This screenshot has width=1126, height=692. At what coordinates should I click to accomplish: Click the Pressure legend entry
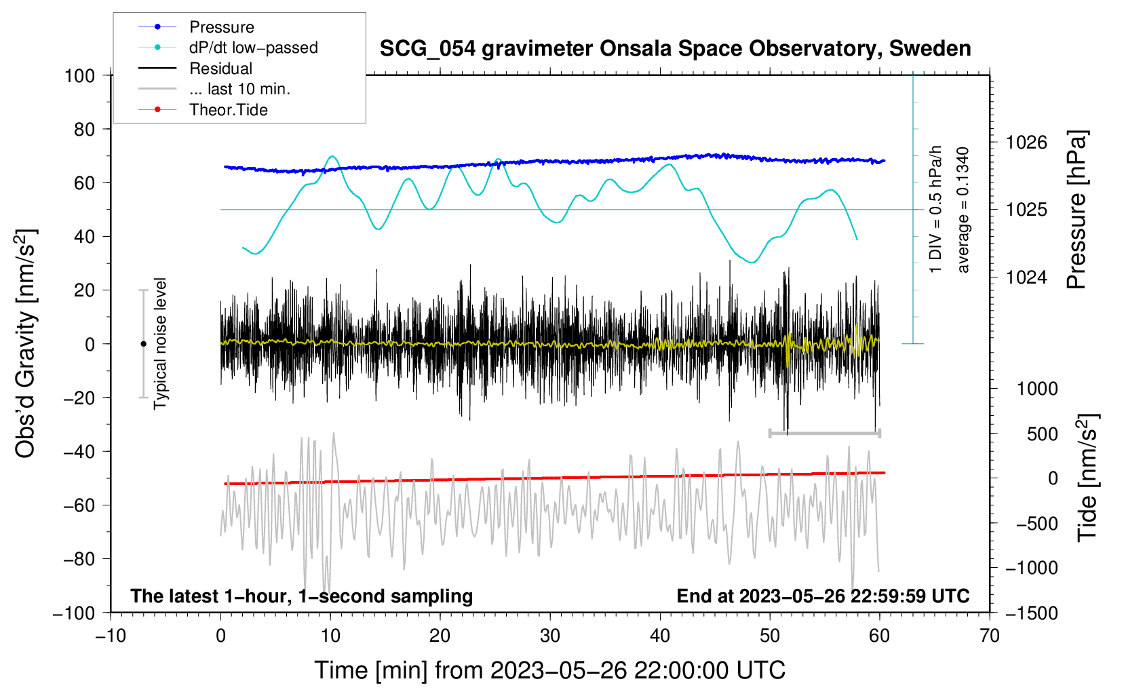197,26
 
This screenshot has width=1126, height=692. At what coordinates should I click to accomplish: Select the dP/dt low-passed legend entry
228,47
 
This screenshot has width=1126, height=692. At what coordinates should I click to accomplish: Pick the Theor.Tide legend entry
203,110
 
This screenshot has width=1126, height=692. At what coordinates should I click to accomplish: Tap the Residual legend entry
195,69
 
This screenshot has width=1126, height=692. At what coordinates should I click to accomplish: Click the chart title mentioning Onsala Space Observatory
675,49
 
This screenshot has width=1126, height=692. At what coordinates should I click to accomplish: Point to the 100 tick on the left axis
79,76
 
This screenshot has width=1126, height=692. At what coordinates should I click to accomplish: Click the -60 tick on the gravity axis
79,505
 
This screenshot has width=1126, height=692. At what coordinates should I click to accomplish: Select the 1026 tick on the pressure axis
1026,142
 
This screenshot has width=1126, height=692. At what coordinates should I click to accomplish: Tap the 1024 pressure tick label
1026,277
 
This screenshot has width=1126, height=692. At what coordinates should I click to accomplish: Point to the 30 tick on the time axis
550,636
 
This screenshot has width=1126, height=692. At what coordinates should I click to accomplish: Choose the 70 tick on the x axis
989,636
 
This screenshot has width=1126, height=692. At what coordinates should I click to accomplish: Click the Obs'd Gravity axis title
25,343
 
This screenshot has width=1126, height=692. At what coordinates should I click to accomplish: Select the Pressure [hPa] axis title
1076,210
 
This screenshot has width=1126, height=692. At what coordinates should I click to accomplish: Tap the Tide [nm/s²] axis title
1088,478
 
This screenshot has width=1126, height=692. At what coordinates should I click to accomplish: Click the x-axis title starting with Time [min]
550,670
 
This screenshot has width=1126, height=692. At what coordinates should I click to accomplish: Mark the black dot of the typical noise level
143,344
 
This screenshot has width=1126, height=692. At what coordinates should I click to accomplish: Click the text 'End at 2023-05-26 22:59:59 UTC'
823,596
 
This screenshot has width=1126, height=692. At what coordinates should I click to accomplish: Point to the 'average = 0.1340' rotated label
963,210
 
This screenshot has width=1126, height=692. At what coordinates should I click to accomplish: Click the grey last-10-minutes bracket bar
824,433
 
